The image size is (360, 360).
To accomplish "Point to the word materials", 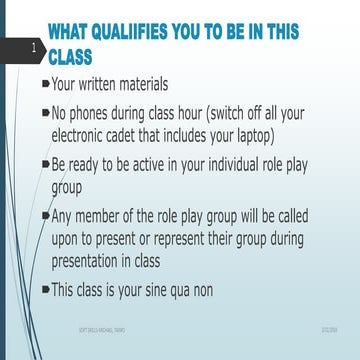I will [x=169, y=85].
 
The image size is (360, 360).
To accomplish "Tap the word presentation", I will [x=95, y=260].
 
